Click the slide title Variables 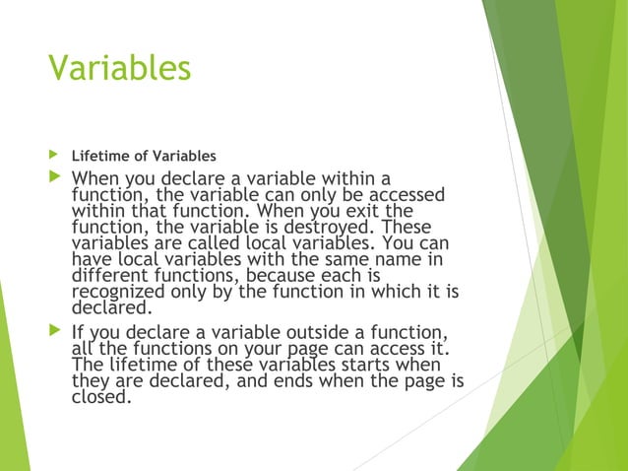119,69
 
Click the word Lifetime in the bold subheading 97,156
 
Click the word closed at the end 101,398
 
